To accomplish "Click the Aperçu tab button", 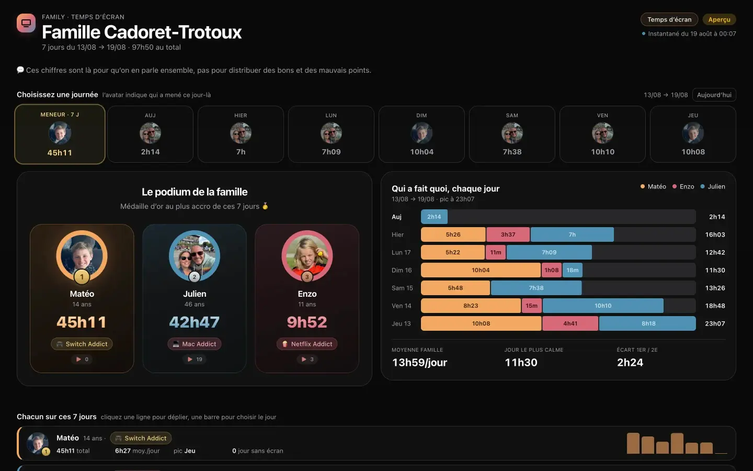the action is pyautogui.click(x=719, y=19).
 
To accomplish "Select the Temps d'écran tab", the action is pyautogui.click(x=669, y=19).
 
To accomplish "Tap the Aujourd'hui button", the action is pyautogui.click(x=714, y=95).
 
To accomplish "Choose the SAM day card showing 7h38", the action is pyautogui.click(x=512, y=134).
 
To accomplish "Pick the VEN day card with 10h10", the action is pyautogui.click(x=602, y=134).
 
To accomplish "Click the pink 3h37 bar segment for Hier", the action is pyautogui.click(x=508, y=234).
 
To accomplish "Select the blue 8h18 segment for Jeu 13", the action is pyautogui.click(x=647, y=323).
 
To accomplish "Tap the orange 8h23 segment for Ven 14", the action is pyautogui.click(x=471, y=306).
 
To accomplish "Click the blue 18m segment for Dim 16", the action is pyautogui.click(x=573, y=270).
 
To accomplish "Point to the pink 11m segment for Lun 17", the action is pyautogui.click(x=496, y=252).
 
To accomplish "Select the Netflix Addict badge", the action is pyautogui.click(x=307, y=344).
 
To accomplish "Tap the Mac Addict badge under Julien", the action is pyautogui.click(x=195, y=344).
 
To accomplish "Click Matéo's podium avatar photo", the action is pyautogui.click(x=82, y=256).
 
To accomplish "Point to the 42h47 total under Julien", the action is pyautogui.click(x=195, y=322).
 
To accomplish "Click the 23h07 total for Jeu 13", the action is pyautogui.click(x=715, y=323).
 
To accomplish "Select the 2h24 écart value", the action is pyautogui.click(x=630, y=362).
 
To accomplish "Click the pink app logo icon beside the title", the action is pyautogui.click(x=26, y=23).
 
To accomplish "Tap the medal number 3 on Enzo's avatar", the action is pyautogui.click(x=307, y=277).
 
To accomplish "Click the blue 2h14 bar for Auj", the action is pyautogui.click(x=434, y=217).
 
